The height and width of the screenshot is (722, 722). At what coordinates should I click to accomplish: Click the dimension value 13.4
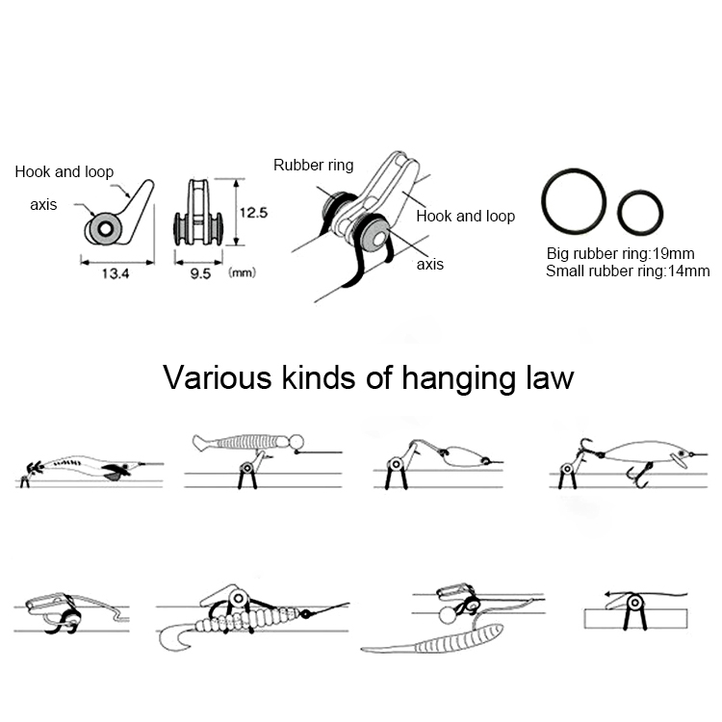(116, 274)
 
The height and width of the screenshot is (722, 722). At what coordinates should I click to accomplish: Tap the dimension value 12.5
(253, 213)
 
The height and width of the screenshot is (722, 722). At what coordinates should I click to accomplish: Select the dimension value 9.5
(200, 274)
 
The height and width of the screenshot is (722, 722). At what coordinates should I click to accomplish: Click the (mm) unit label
(242, 272)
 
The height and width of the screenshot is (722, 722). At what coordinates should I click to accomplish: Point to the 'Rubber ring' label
(314, 165)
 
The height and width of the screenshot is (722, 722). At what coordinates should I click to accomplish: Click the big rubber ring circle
(574, 201)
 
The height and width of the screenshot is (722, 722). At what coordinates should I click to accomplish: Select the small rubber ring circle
(640, 213)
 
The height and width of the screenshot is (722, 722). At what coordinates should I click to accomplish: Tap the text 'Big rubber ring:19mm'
(620, 254)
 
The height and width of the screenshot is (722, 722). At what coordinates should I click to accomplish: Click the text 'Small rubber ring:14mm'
(628, 271)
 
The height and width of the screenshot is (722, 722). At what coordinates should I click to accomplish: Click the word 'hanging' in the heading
(458, 379)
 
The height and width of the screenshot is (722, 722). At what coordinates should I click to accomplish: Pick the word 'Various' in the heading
(218, 377)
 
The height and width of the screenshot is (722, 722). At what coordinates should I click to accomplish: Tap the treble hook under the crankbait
(640, 477)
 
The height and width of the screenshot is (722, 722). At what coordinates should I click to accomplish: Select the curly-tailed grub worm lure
(253, 622)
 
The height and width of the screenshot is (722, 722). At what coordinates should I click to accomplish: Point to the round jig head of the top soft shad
(297, 442)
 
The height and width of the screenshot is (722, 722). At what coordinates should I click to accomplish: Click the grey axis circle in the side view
(105, 229)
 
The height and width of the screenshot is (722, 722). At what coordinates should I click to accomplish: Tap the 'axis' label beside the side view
(43, 204)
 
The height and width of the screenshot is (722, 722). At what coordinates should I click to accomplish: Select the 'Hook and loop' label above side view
(64, 171)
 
